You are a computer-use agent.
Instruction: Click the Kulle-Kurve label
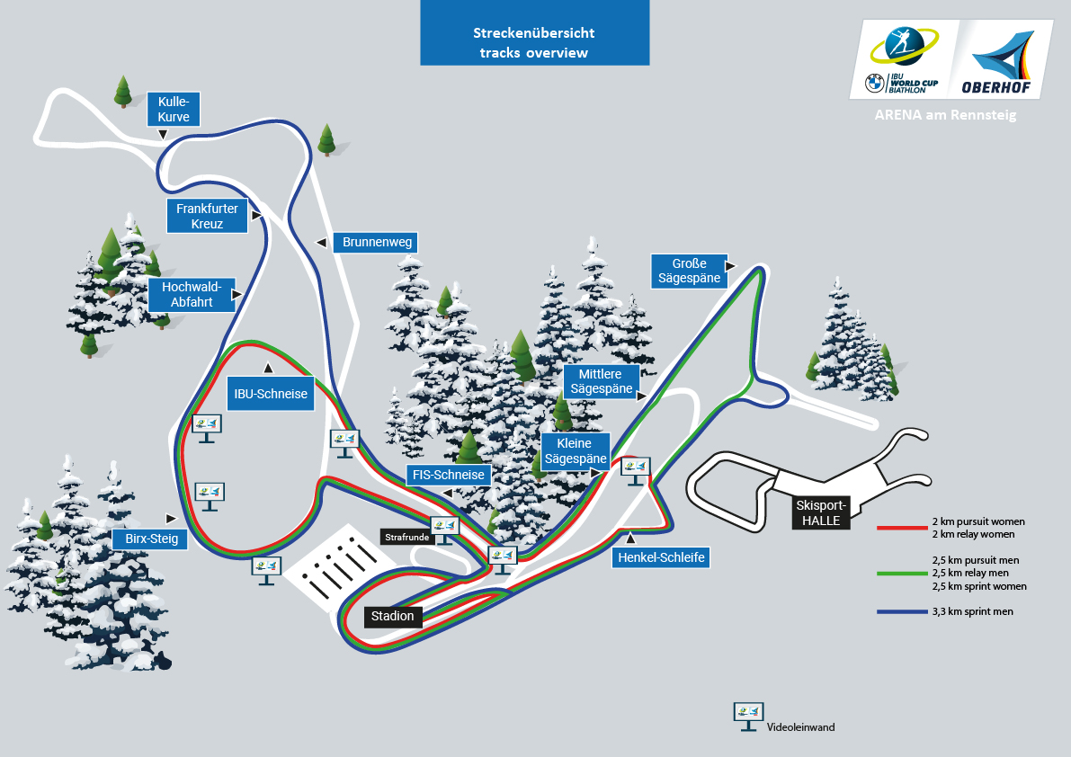click(x=174, y=110)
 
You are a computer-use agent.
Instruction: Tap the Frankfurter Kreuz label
click(x=207, y=216)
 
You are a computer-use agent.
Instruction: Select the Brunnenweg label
click(x=377, y=243)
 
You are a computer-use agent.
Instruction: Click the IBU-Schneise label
click(x=271, y=394)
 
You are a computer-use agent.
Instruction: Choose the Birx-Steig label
click(x=150, y=539)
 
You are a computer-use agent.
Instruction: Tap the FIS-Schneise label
click(x=449, y=475)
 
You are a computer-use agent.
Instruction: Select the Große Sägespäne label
click(x=689, y=272)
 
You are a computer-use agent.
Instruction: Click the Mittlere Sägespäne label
click(x=601, y=381)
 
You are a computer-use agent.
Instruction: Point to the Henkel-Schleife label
click(x=660, y=557)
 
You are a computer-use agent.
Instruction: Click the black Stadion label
click(x=393, y=616)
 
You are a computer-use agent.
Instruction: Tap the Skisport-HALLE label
click(x=820, y=513)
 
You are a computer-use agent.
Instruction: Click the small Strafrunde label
click(x=406, y=537)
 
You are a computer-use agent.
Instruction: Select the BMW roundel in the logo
click(x=873, y=84)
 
